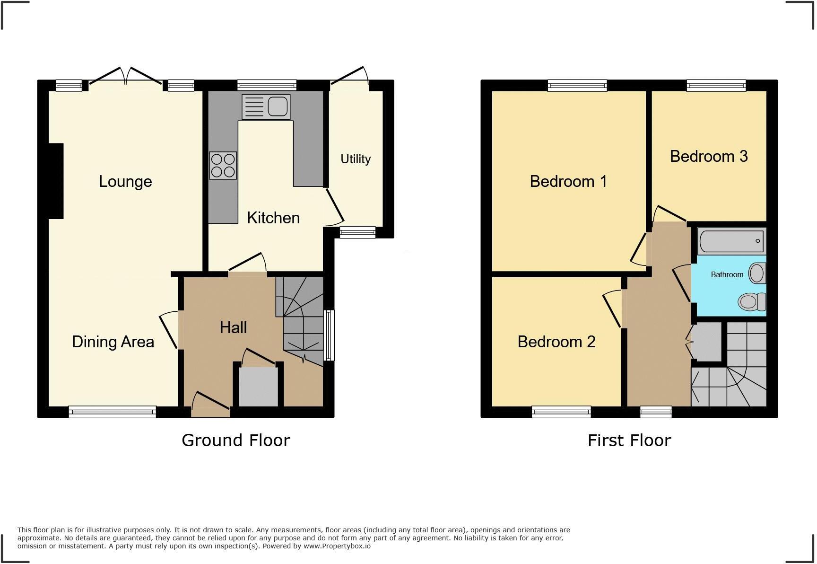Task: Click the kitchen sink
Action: click(x=266, y=106)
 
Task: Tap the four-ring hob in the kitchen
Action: click(x=223, y=165)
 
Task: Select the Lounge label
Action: click(x=125, y=182)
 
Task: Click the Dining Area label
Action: click(x=113, y=342)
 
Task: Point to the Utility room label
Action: click(x=356, y=159)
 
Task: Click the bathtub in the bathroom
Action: click(x=731, y=241)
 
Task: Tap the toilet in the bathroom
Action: click(x=752, y=301)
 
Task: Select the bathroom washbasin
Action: click(x=757, y=273)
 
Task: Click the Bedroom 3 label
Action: click(x=708, y=156)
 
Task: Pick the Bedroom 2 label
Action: click(x=556, y=342)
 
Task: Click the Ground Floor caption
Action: click(x=235, y=441)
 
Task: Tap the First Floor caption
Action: click(x=629, y=441)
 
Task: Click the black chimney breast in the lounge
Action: click(x=56, y=181)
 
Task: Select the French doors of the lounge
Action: click(x=126, y=79)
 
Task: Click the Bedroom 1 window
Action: click(x=577, y=85)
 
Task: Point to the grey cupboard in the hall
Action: click(x=258, y=386)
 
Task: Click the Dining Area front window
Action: click(x=113, y=412)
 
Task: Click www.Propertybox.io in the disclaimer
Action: click(x=337, y=546)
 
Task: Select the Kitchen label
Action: click(x=273, y=218)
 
